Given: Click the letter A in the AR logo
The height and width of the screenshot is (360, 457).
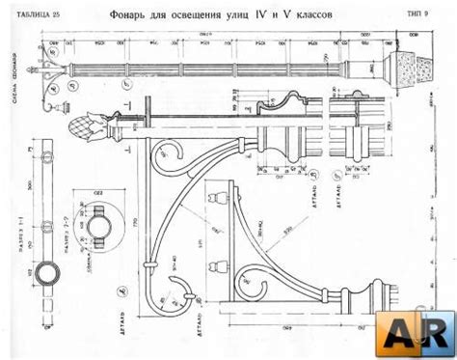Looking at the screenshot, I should [x=401, y=332].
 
